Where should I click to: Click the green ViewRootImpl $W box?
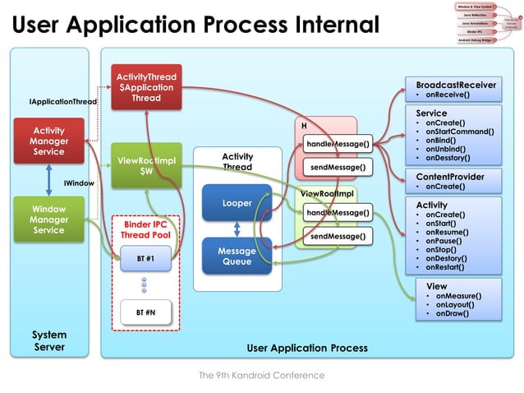[146, 165]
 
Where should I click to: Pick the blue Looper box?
[237, 202]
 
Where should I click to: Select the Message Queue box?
[237, 256]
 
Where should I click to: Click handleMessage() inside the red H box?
[338, 145]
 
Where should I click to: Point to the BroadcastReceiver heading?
[456, 85]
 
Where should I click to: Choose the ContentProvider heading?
[450, 177]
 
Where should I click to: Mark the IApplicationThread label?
[63, 102]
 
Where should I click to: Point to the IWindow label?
[79, 183]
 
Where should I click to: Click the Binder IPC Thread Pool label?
[145, 229]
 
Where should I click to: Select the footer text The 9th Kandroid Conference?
[261, 375]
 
